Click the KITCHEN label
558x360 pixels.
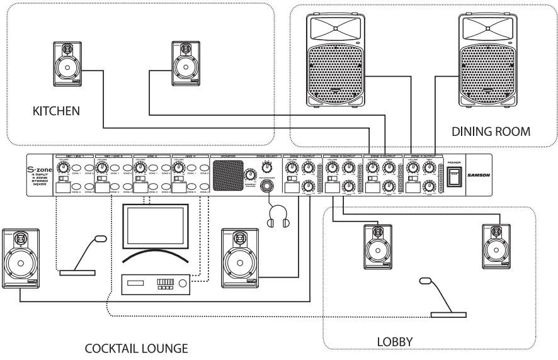coord(56,111)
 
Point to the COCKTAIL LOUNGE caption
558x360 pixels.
coord(137,348)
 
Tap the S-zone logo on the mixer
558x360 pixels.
coord(40,169)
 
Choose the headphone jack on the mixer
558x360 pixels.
coord(269,186)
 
